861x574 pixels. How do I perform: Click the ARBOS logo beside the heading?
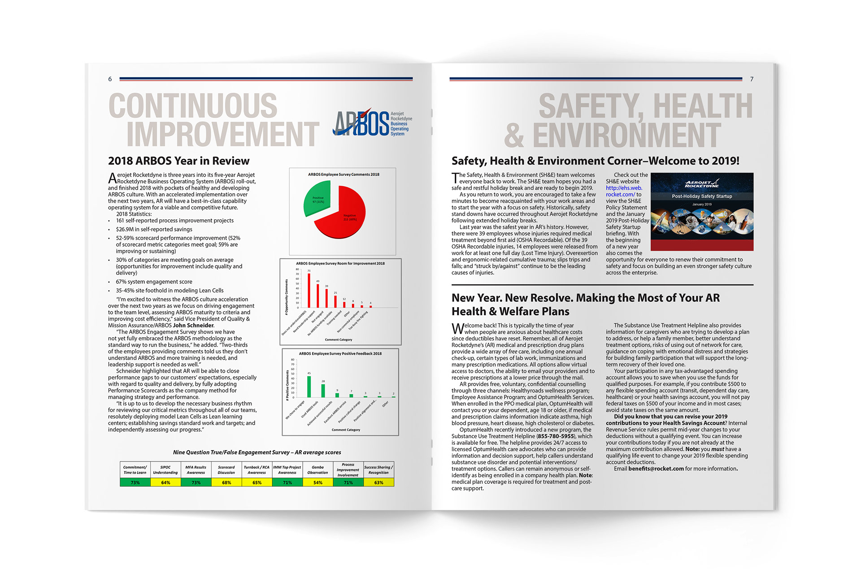coord(372,122)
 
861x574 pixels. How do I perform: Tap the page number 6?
coord(110,79)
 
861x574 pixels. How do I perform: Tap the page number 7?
coord(752,79)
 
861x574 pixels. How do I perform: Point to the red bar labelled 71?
coord(309,290)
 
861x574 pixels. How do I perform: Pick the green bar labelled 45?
coord(309,387)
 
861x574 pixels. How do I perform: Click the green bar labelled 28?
coord(323,391)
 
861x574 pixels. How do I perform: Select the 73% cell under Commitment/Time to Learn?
coord(135,483)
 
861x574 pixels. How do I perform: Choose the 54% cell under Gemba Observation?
coord(317,483)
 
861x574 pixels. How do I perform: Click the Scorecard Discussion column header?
coord(226,470)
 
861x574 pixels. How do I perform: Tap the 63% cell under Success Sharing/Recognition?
coord(378,483)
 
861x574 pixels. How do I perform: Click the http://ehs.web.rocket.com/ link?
coord(623,191)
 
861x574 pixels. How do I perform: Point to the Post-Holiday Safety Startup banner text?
coord(702,196)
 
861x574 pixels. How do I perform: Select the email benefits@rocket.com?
coord(656,469)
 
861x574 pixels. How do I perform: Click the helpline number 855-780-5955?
coord(556,436)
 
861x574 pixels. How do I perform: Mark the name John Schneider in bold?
coord(193,326)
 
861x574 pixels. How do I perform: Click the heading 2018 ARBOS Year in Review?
coord(178,161)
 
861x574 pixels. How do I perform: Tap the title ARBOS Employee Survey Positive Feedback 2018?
coord(340,353)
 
